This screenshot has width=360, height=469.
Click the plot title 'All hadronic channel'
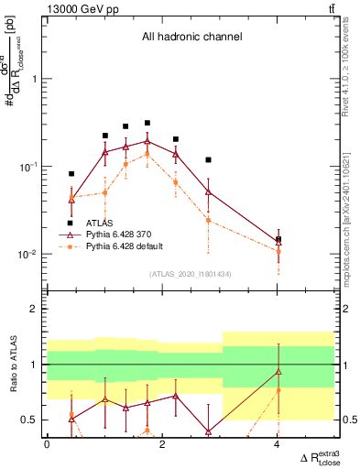click(191, 38)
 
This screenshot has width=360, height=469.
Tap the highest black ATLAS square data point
click(147, 123)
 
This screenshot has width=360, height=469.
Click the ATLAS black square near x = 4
click(278, 239)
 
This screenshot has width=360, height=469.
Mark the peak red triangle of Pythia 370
click(147, 141)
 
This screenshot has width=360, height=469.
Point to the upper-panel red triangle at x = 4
click(278, 243)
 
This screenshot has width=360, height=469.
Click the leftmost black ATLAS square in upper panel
click(71, 173)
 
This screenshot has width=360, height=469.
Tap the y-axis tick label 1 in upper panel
click(34, 79)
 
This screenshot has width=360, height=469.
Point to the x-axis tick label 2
click(162, 444)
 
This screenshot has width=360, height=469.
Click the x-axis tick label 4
click(278, 444)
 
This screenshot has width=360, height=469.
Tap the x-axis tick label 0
click(47, 444)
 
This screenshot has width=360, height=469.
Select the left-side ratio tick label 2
click(35, 309)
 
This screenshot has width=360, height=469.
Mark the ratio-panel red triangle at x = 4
click(278, 371)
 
